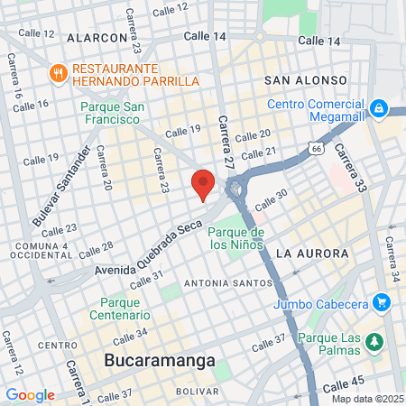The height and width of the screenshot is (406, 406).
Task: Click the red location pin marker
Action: [203, 183]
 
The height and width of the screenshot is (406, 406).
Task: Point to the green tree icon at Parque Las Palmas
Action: [375, 341]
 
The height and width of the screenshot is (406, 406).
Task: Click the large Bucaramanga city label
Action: [160, 361]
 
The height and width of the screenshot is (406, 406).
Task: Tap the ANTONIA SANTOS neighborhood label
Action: [222, 283]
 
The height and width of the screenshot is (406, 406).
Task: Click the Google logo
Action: [30, 395]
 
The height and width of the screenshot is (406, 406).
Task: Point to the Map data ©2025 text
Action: [366, 399]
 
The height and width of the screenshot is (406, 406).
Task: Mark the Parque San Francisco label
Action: [113, 112]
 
